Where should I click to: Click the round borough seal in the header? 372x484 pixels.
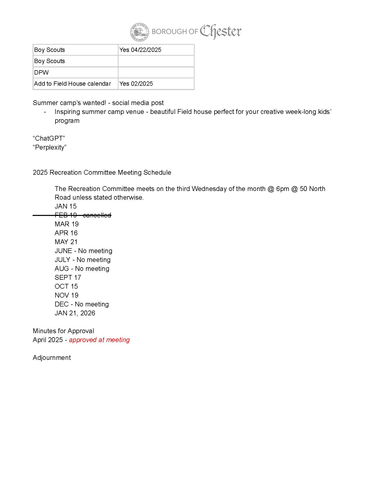[x=139, y=32]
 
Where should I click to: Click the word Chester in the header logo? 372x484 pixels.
[x=220, y=32]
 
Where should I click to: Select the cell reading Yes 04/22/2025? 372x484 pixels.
[x=156, y=50]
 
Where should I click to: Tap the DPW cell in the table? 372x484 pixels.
[x=75, y=72]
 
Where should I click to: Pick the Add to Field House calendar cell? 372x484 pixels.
[x=75, y=84]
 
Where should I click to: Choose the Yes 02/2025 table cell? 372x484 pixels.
[x=156, y=84]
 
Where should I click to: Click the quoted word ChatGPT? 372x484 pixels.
[x=49, y=138]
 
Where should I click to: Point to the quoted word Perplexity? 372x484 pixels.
[x=50, y=147]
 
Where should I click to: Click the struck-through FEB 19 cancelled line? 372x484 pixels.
[x=83, y=215]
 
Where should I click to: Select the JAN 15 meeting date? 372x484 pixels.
[x=66, y=206]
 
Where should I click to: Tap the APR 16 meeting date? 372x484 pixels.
[x=66, y=233]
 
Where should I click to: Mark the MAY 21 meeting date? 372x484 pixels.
[x=66, y=242]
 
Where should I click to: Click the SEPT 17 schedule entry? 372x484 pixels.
[x=68, y=277]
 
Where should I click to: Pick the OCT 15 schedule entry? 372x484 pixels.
[x=66, y=286]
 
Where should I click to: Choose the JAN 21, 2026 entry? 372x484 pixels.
[x=75, y=313]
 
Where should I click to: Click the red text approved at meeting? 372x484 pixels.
[x=99, y=340]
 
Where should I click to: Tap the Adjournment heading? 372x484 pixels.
[x=52, y=358]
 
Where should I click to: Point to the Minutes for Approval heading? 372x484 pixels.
[x=63, y=331]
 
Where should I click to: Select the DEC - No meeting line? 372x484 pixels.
[x=82, y=304]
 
